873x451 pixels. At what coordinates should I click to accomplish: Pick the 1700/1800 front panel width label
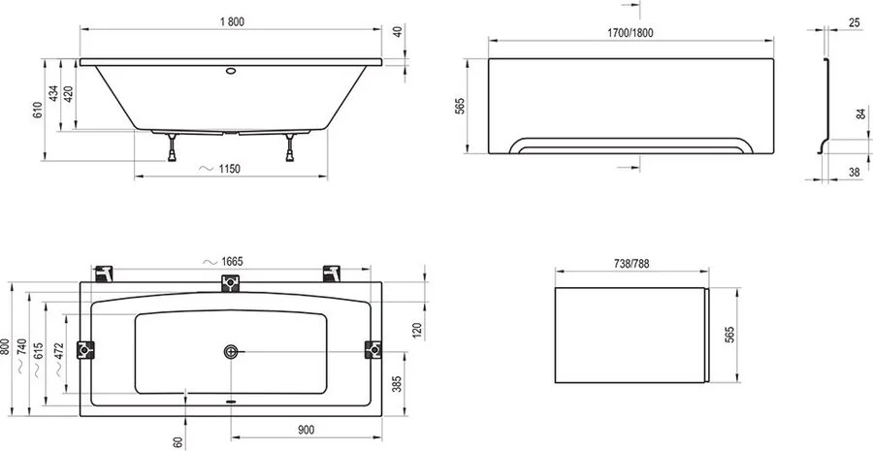click(x=615, y=32)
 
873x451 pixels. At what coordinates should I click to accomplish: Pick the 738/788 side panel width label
click(x=630, y=262)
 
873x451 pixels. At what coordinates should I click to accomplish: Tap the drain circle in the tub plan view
click(x=231, y=351)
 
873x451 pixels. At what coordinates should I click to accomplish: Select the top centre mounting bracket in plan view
click(x=230, y=282)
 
